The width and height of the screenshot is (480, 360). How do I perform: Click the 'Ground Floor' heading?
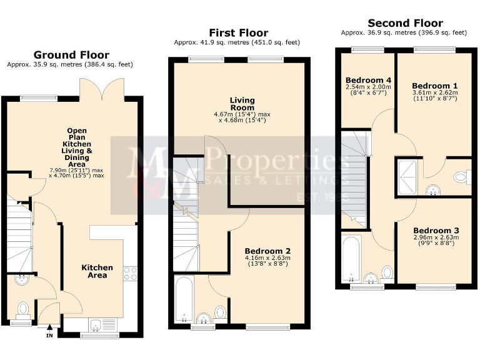[71, 55]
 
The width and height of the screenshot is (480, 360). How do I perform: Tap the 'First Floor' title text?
[238, 32]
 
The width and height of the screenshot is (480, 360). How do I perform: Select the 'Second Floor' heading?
[405, 23]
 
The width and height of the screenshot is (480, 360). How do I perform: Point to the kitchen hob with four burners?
[131, 272]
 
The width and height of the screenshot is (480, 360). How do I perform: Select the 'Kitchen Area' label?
[97, 271]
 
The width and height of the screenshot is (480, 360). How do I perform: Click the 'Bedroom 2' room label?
[267, 250]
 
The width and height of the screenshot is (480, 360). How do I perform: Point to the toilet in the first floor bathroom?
[220, 312]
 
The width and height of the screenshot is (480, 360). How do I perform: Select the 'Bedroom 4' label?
[368, 80]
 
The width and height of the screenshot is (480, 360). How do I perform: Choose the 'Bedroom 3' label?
[436, 229]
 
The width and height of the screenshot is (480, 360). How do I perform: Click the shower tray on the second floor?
[408, 176]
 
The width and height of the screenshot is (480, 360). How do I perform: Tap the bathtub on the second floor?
[351, 257]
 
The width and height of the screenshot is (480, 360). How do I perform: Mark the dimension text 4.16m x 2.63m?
[267, 257]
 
